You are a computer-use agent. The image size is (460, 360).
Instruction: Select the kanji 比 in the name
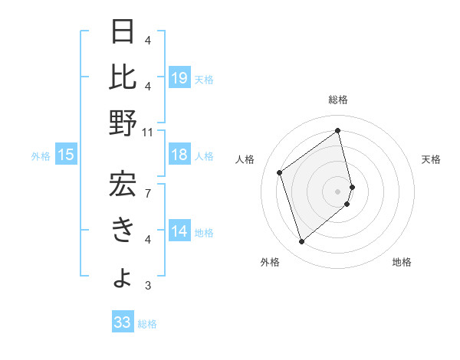pos(123,77)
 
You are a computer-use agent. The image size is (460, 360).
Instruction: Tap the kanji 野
pos(123,123)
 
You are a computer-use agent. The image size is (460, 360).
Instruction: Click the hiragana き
pos(123,230)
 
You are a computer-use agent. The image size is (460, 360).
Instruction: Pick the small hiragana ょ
pos(123,277)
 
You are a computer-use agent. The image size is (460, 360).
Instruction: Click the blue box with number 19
pos(179,78)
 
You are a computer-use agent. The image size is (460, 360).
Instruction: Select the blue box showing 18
pos(179,155)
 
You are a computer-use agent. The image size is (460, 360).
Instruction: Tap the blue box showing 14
pos(179,232)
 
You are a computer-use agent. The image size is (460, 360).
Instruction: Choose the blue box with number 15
pos(66,155)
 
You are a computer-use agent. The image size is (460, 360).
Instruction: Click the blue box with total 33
pos(123,322)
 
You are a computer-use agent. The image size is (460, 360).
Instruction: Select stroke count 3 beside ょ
pos(147,286)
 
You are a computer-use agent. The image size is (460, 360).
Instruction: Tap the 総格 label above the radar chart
pos(338,100)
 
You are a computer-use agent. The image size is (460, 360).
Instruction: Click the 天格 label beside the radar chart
pos(431,159)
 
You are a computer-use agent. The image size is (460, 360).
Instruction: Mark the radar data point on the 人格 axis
pos(280,172)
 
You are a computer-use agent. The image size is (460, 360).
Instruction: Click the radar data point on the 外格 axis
pos(301,242)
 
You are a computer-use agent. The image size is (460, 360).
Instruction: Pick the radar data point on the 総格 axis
pos(338,130)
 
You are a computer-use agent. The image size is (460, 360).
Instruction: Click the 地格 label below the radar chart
pos(402,262)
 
